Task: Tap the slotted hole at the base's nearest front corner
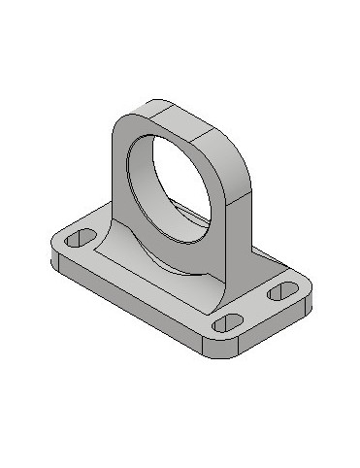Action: [228, 321]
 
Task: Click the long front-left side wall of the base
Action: [126, 301]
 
